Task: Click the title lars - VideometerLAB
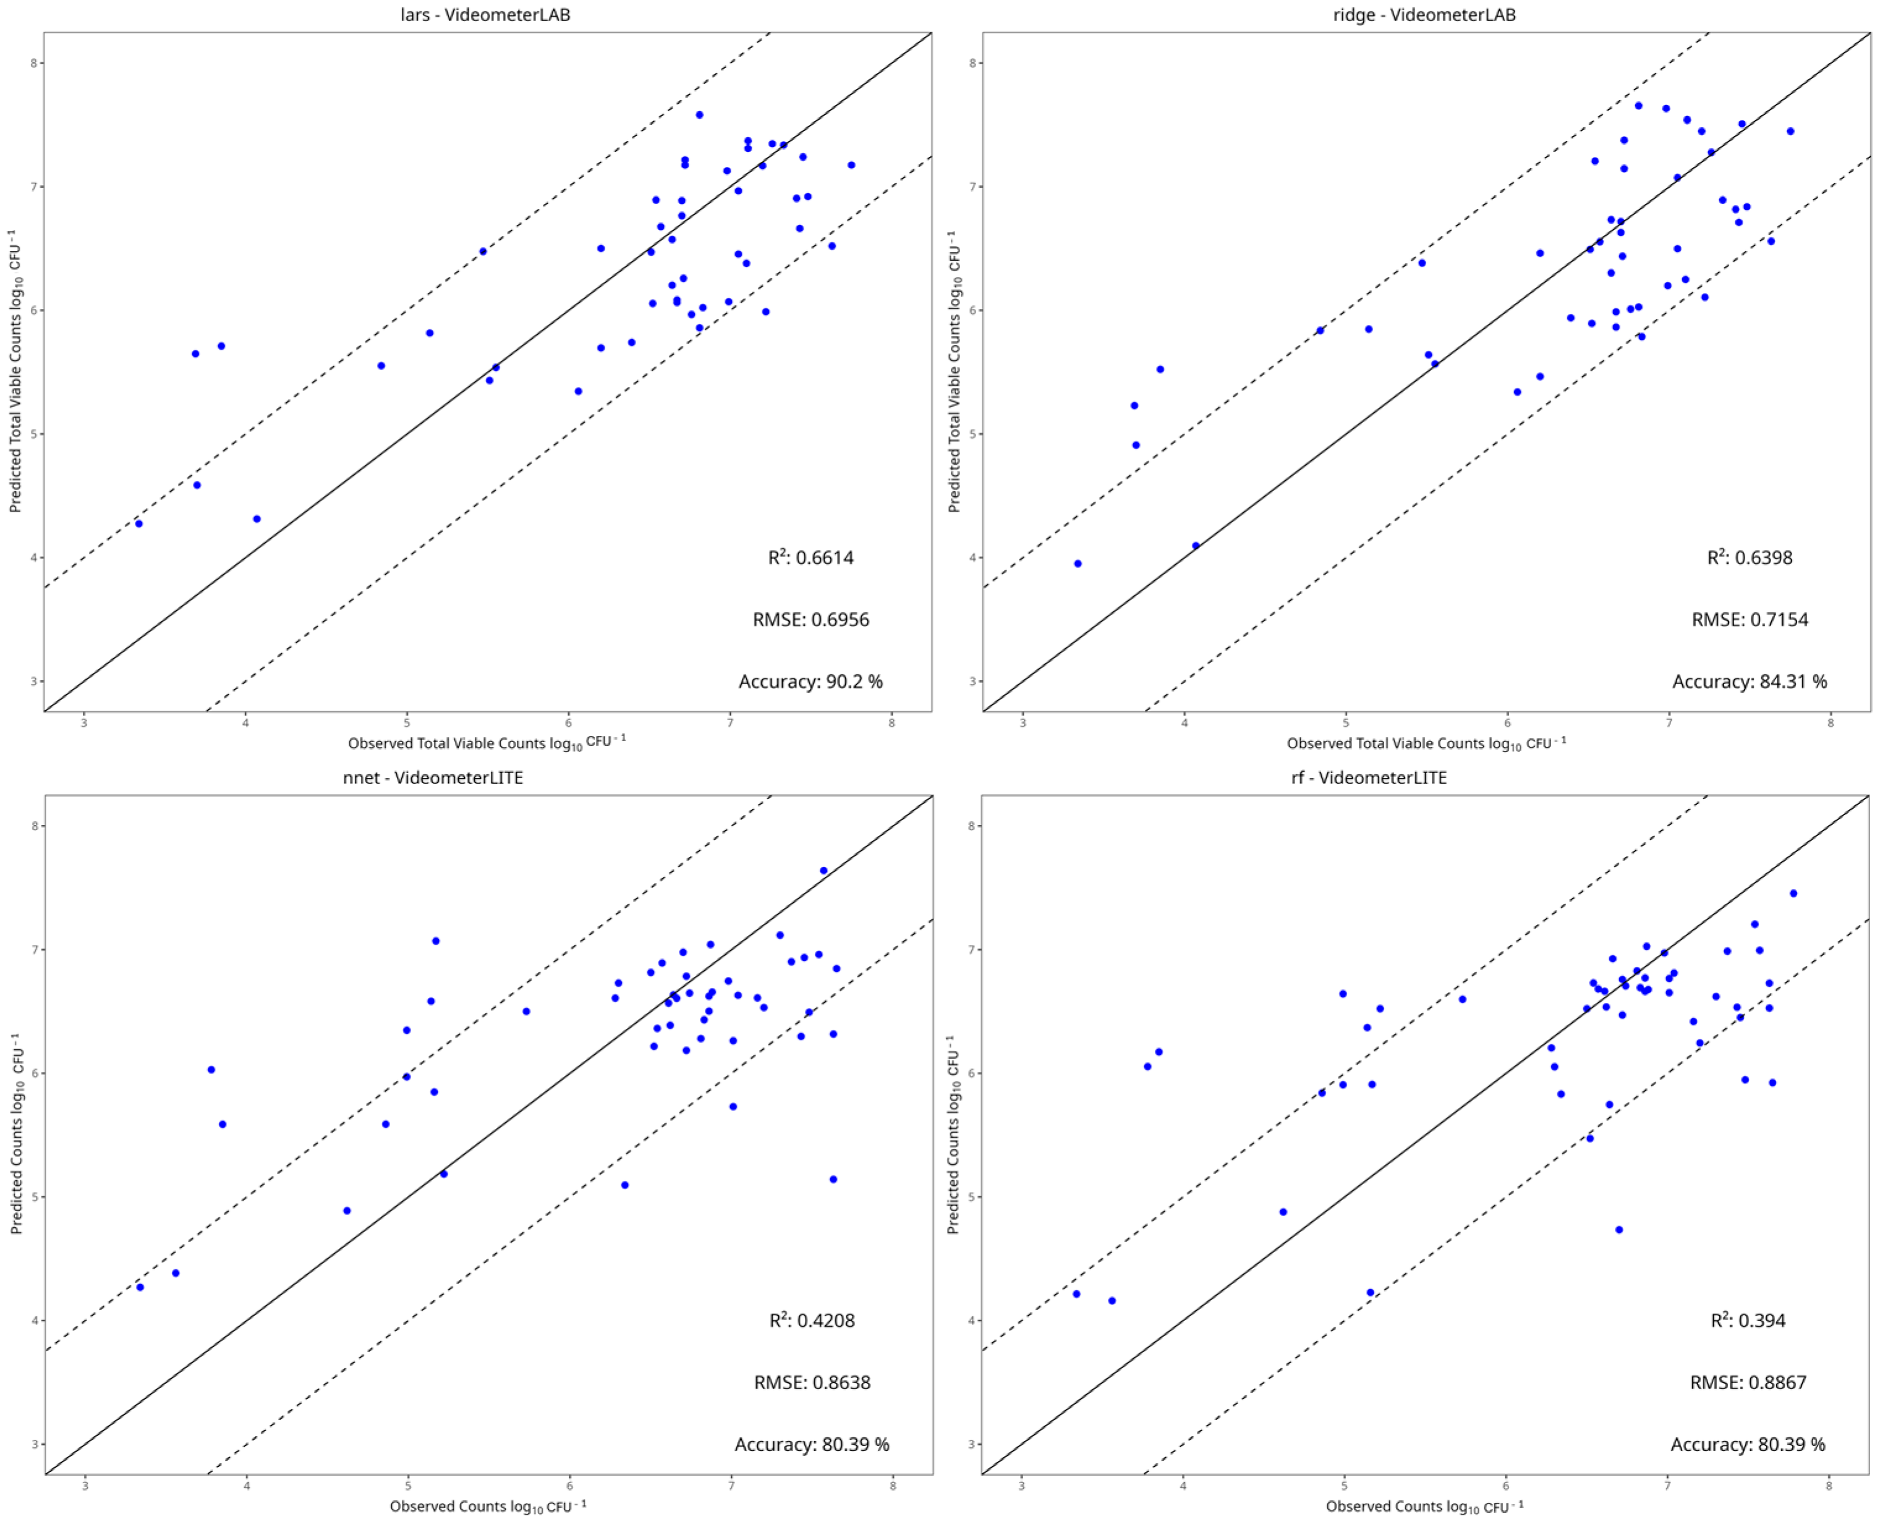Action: (x=485, y=15)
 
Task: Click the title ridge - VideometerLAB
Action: (x=1423, y=15)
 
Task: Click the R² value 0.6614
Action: (x=811, y=557)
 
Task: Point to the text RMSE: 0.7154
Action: (x=1750, y=620)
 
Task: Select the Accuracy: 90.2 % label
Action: (x=810, y=681)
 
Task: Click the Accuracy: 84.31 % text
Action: (x=1750, y=681)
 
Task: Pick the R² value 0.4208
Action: (x=812, y=1321)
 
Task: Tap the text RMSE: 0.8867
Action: (x=1748, y=1382)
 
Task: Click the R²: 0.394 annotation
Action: (x=1748, y=1321)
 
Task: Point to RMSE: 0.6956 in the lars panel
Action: (x=811, y=620)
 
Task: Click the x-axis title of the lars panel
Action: (x=487, y=743)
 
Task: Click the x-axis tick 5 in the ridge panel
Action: (x=1346, y=722)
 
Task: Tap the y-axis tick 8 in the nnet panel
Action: (x=36, y=826)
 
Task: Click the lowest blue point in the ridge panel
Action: (x=1078, y=564)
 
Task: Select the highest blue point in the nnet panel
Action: (x=823, y=871)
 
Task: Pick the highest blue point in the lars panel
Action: (x=699, y=115)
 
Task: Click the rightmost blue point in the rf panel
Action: (x=1793, y=894)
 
